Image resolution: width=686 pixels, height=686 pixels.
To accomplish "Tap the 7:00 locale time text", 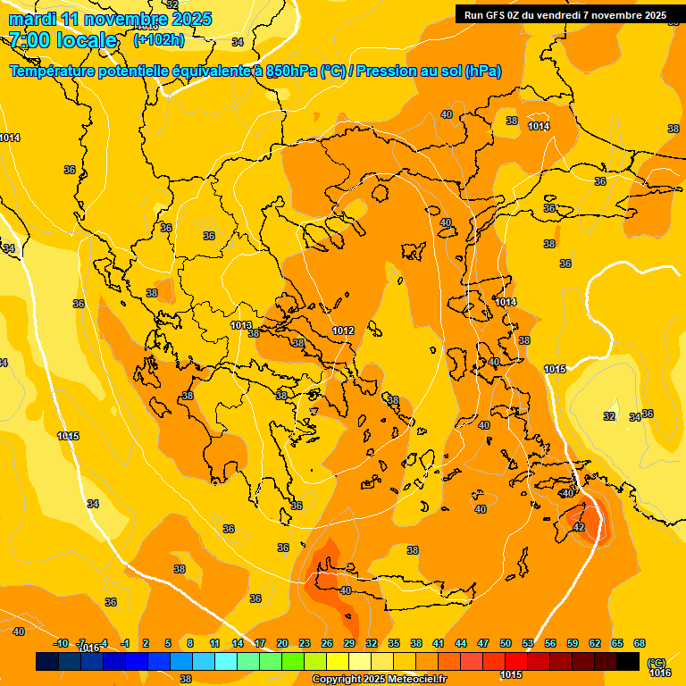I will point(63,40).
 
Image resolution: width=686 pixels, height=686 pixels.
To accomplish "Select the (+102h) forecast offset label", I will point(159,39).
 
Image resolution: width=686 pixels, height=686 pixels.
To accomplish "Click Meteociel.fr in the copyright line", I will point(416,680).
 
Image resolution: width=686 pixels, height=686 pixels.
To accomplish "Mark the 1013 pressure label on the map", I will point(241,326).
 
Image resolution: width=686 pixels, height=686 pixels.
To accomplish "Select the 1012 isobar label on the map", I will point(344,331).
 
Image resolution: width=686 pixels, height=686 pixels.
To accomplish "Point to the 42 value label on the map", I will point(579,528).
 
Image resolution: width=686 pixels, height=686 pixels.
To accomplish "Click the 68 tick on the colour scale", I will point(640,643).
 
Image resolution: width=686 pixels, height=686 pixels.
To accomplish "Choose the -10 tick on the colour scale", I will point(62,643).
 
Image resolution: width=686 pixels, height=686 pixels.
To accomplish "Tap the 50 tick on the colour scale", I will point(506,643).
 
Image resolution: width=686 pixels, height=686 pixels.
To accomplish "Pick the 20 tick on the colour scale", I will point(282,643).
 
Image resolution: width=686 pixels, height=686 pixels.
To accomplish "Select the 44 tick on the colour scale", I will point(461,643).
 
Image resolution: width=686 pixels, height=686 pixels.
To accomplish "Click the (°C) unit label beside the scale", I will point(657,663).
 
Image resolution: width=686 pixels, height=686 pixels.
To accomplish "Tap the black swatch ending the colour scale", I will point(628,661).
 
